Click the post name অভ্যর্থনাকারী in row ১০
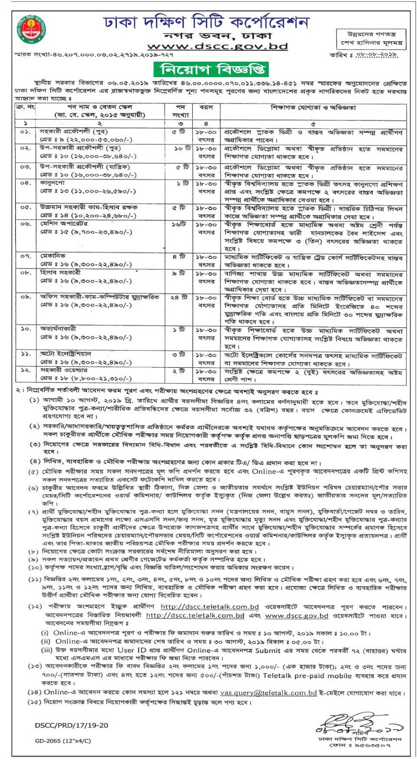tap(58, 329)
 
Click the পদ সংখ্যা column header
tap(180, 111)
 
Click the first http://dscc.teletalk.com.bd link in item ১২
tap(209, 607)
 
